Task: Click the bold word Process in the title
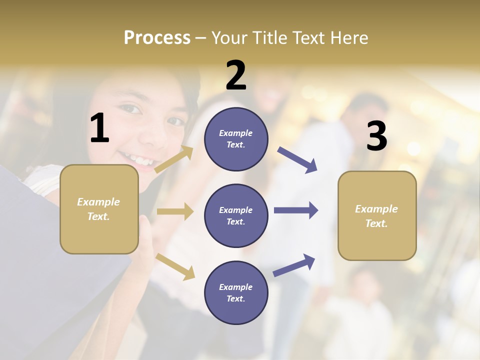tap(157, 37)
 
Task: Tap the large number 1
tap(99, 128)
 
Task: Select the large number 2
tap(236, 75)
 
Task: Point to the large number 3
tap(376, 136)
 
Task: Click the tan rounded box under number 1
tap(99, 209)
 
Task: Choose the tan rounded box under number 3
tap(377, 215)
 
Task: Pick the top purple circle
tap(236, 139)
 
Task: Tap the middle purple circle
tap(236, 215)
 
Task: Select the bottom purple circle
tap(236, 292)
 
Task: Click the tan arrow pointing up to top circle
tap(174, 159)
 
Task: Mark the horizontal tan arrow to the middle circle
tap(175, 211)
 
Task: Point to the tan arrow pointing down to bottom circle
tap(175, 266)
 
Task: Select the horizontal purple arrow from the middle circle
tap(296, 210)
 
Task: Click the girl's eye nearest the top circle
tap(175, 121)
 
